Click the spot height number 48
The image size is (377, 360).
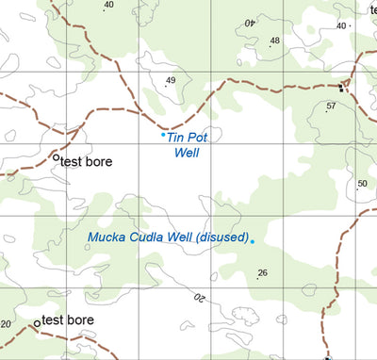pyautogui.click(x=275, y=41)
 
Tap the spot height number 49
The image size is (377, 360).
pyautogui.click(x=171, y=80)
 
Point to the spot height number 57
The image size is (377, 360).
pyautogui.click(x=331, y=106)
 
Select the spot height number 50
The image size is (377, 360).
pyautogui.click(x=362, y=184)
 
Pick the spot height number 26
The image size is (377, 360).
pyautogui.click(x=263, y=273)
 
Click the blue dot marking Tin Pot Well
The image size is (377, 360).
pyautogui.click(x=163, y=135)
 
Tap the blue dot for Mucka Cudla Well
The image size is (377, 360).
pyautogui.click(x=253, y=241)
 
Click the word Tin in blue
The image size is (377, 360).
pyautogui.click(x=174, y=138)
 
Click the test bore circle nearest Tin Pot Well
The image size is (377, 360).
pyautogui.click(x=56, y=157)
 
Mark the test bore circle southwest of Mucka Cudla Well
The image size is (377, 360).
pyautogui.click(x=38, y=322)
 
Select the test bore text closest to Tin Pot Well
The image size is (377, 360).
pyautogui.click(x=87, y=162)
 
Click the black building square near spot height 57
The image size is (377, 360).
pyautogui.click(x=341, y=88)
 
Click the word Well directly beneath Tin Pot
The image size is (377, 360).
pyautogui.click(x=188, y=152)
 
